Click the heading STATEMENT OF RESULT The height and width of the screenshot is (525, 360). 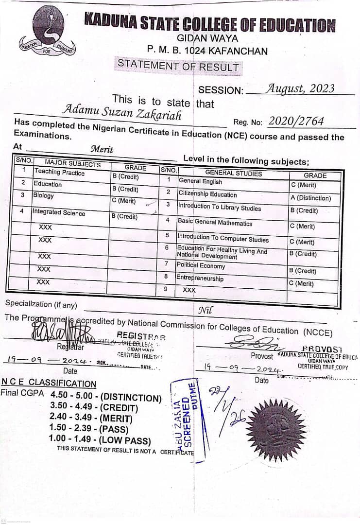coord(178,65)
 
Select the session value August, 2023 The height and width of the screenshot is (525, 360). coord(300,88)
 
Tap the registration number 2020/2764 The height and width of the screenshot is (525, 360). coord(296,122)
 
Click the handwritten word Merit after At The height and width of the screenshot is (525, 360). coord(102,150)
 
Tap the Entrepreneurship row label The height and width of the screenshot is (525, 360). coord(200,279)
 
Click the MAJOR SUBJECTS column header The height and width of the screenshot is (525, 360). coord(72,164)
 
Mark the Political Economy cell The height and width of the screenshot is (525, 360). coord(201,266)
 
